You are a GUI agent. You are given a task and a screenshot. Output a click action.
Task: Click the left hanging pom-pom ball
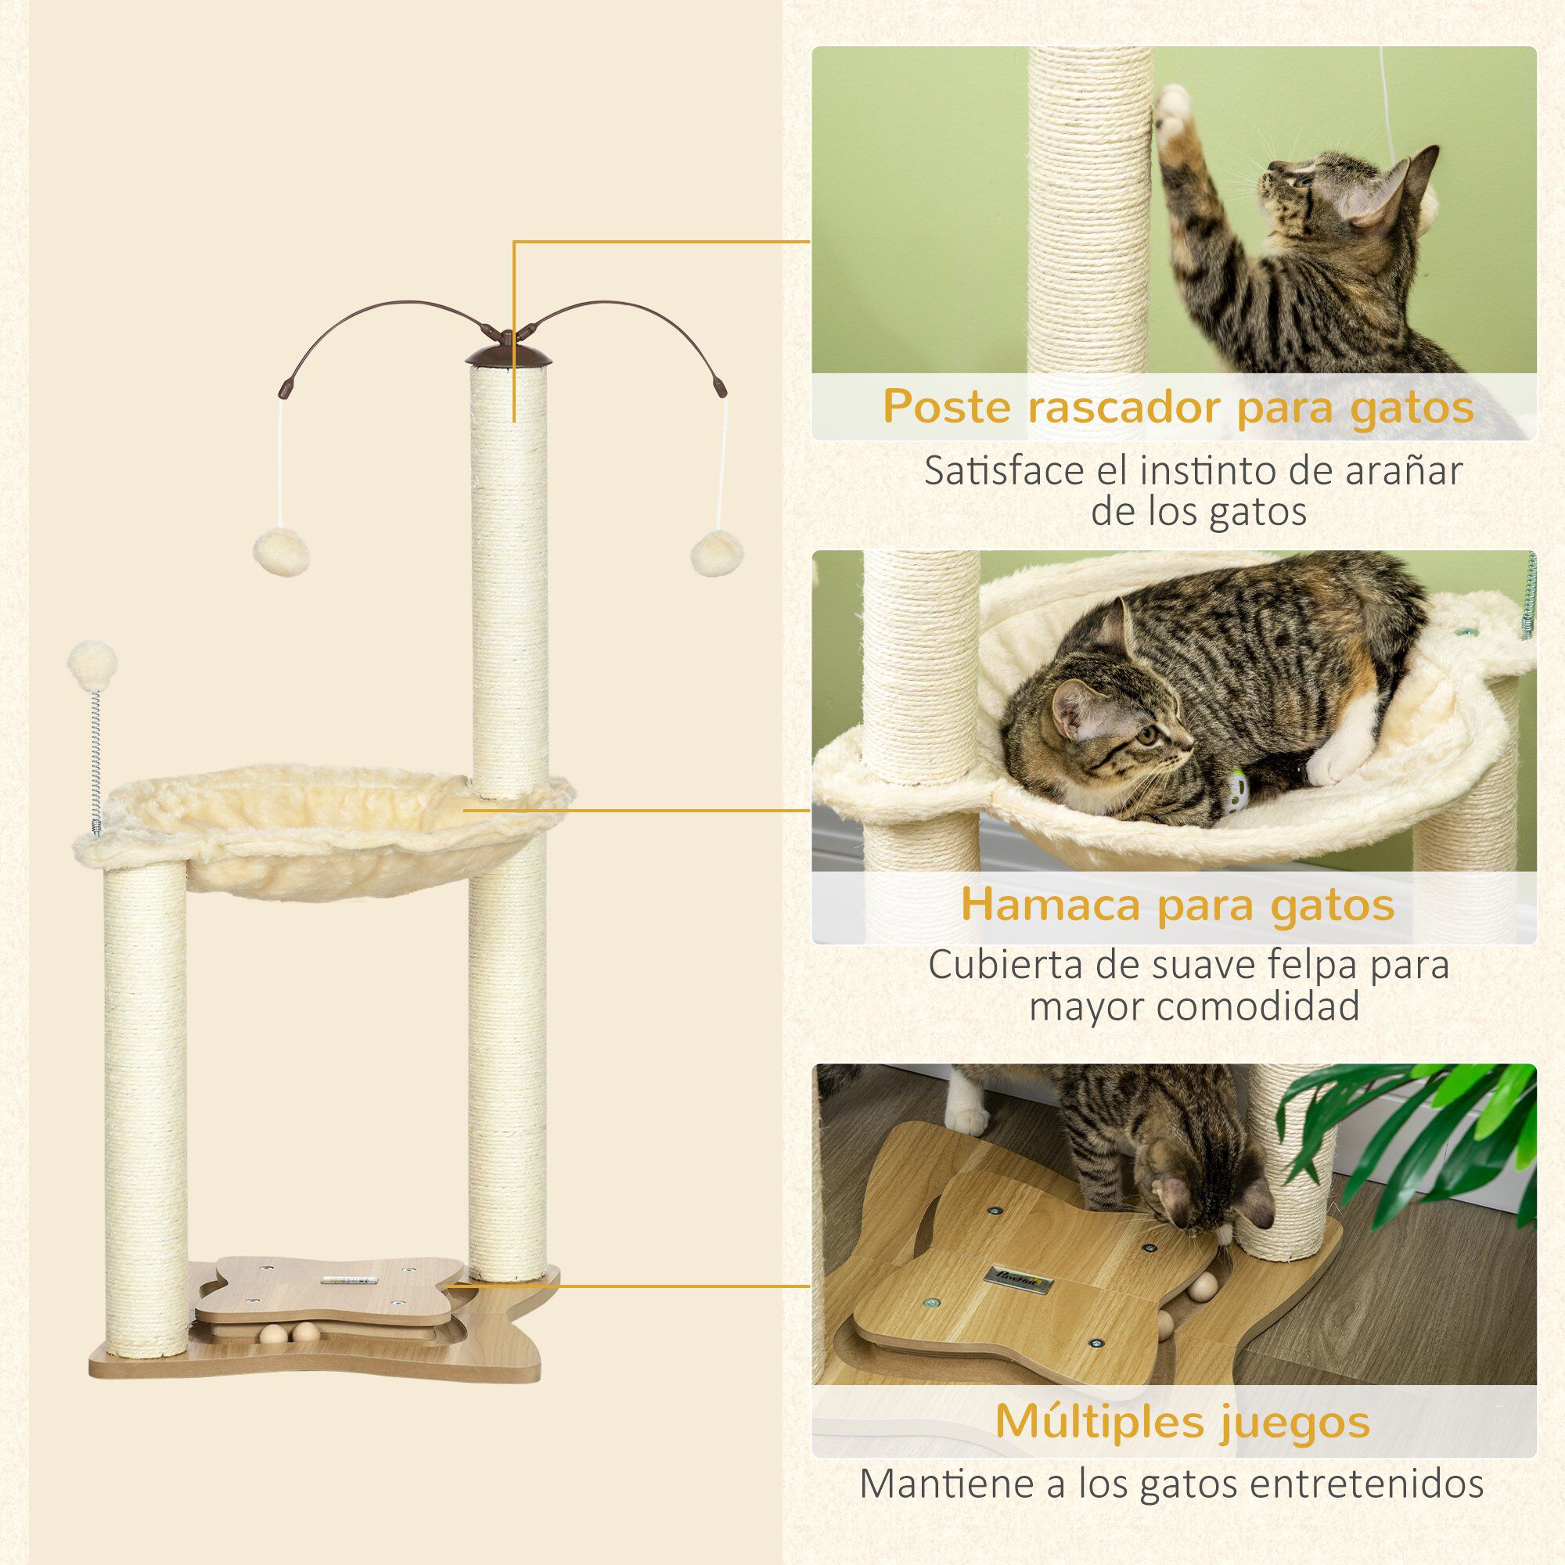coord(281,552)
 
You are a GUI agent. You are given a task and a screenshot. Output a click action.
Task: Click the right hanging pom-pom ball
coord(717,553)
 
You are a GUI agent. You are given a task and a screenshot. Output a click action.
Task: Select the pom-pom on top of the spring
coord(92,665)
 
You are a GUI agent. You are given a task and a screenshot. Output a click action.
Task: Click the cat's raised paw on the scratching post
coord(1174,113)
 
